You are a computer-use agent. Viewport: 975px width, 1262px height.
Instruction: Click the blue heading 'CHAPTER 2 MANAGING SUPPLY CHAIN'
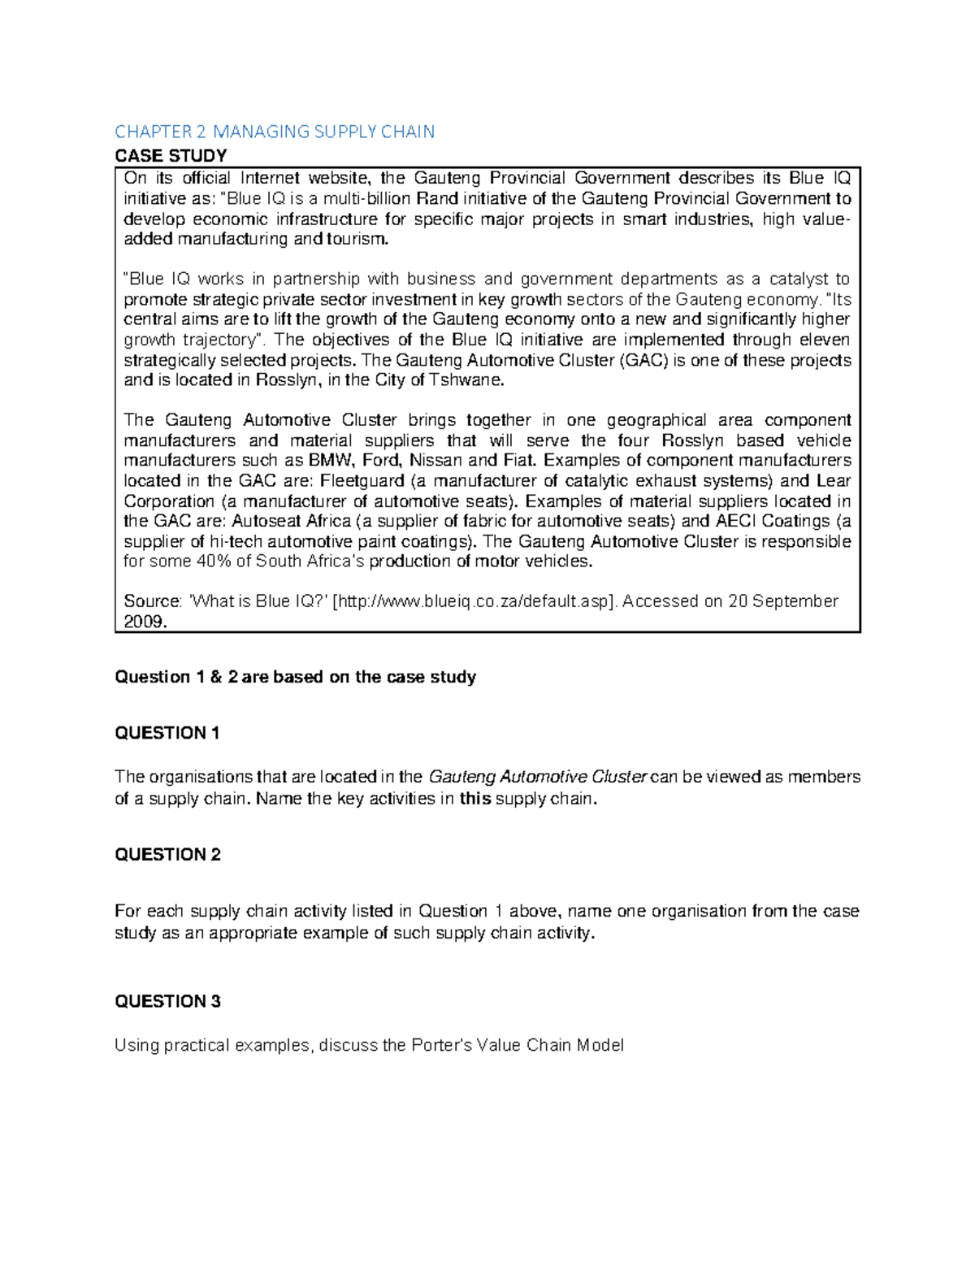click(275, 132)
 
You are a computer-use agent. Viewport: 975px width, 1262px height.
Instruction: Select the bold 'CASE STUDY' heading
click(171, 155)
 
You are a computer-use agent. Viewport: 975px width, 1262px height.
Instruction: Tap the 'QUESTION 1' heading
click(167, 733)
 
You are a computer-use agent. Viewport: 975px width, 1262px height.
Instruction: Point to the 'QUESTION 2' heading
click(167, 854)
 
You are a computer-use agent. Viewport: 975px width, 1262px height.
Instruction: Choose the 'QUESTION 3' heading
click(167, 1001)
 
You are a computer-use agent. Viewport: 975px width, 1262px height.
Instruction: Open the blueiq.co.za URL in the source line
click(474, 601)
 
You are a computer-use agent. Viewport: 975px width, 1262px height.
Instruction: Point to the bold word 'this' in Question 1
click(475, 798)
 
